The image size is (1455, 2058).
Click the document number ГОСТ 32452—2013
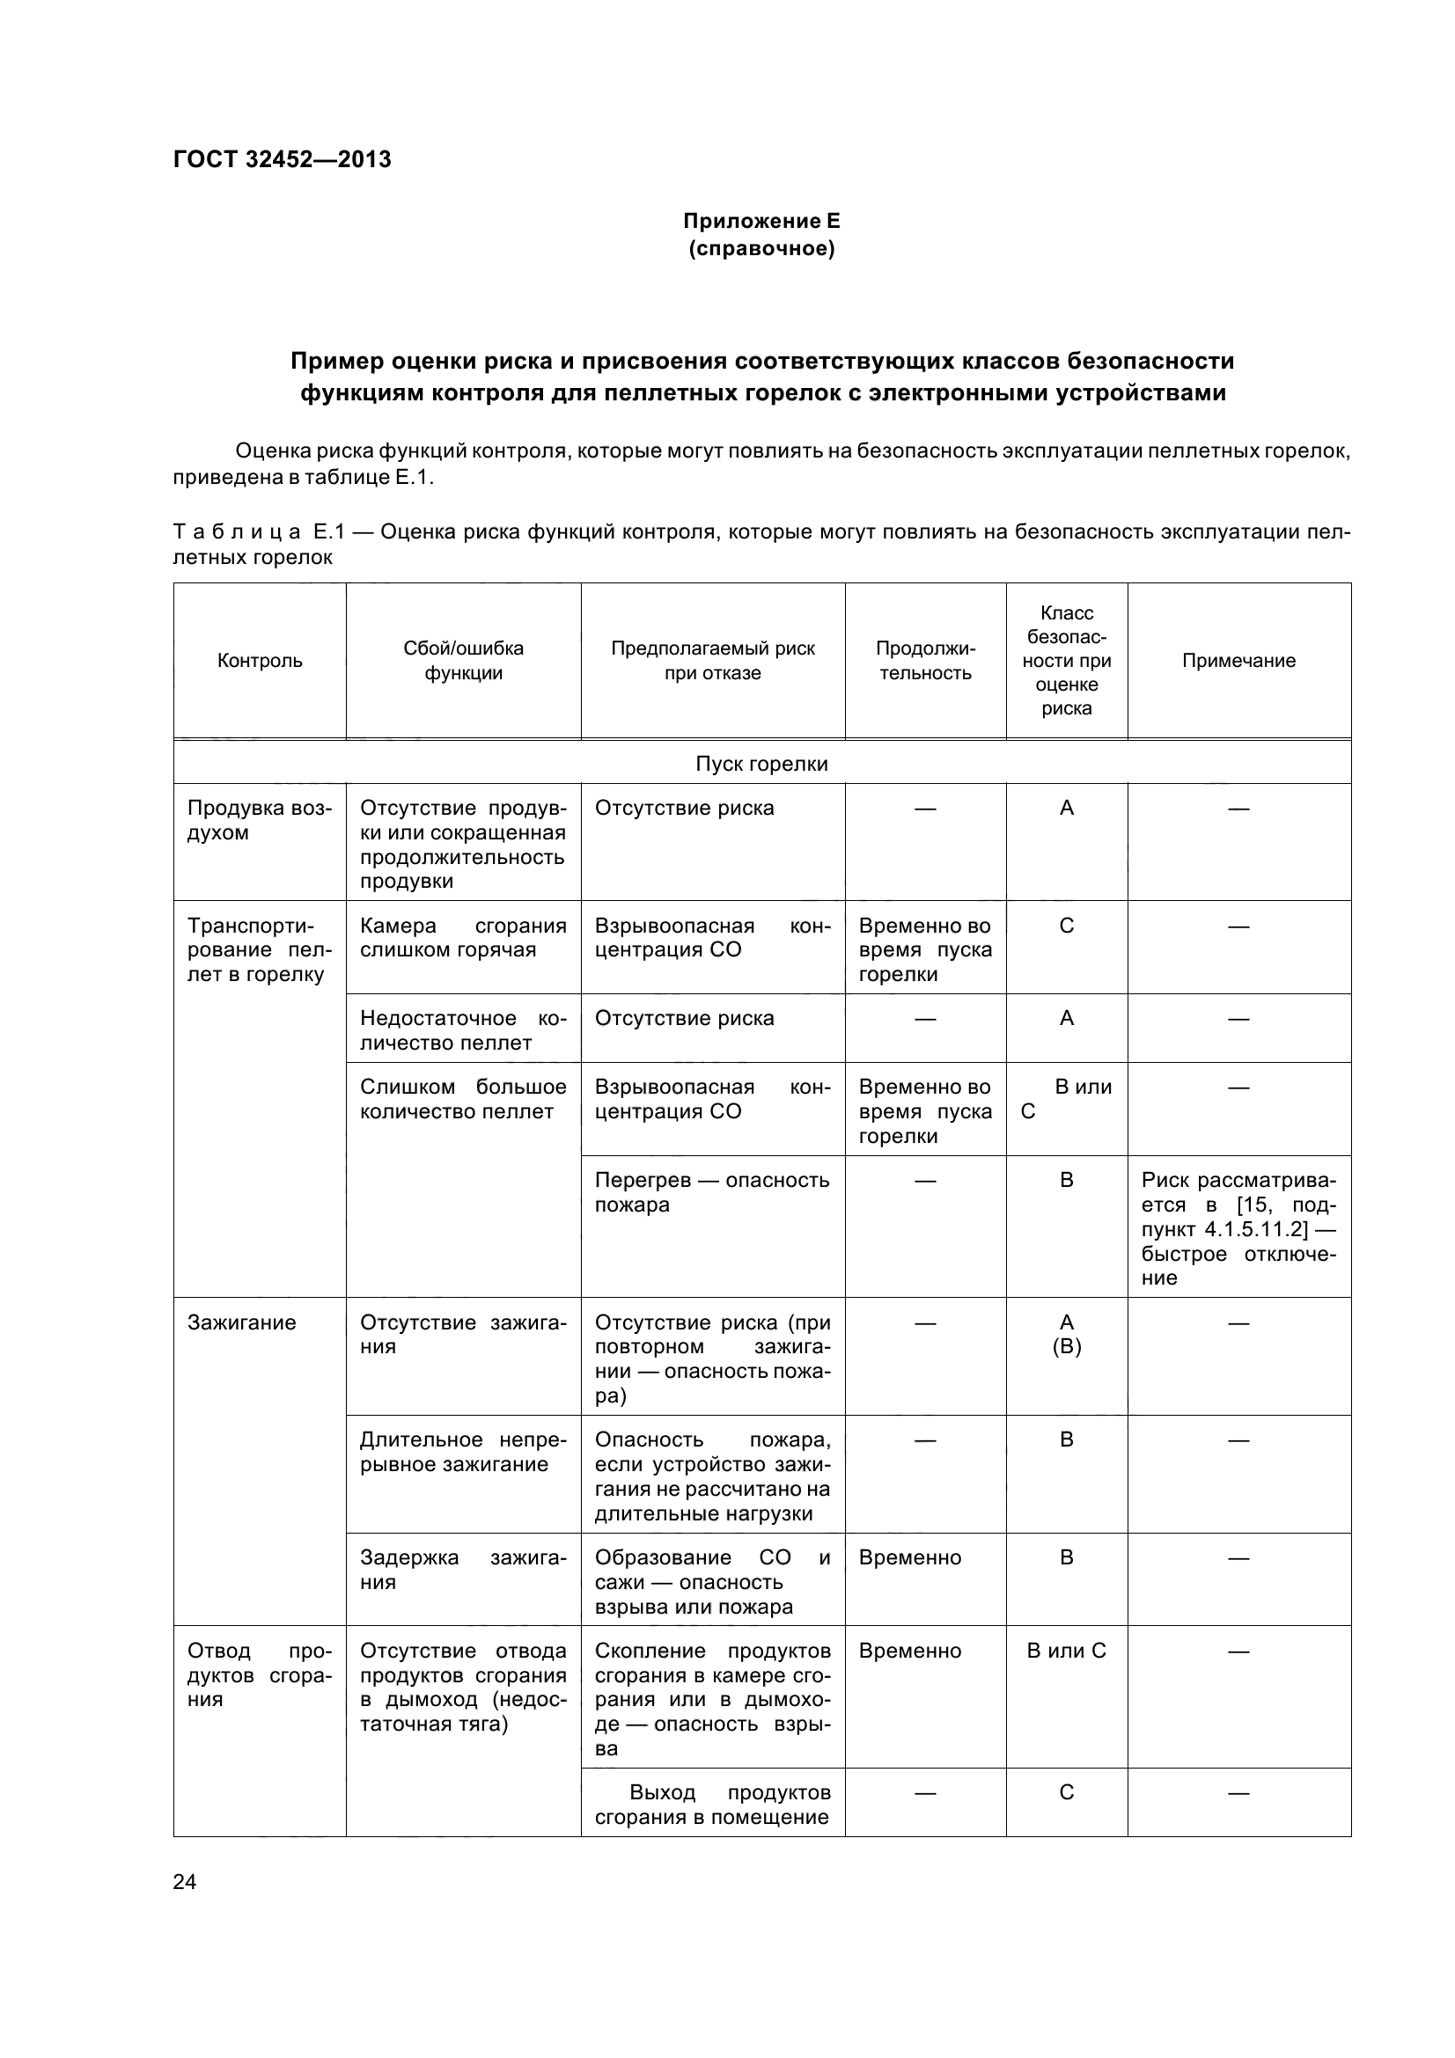(x=282, y=159)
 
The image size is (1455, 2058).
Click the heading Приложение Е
(x=761, y=221)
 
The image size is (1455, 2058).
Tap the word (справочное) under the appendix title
(x=761, y=248)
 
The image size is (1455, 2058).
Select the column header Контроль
(x=260, y=661)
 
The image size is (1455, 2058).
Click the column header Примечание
(x=1238, y=661)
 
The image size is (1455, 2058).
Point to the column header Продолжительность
(x=925, y=661)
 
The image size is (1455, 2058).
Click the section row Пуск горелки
(x=761, y=764)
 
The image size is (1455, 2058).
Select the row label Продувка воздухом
(x=259, y=820)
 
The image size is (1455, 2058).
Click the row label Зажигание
(x=241, y=1322)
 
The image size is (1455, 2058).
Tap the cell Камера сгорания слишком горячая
(x=463, y=938)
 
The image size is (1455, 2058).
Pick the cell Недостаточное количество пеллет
(x=463, y=1030)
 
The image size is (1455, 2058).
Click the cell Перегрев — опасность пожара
(x=712, y=1192)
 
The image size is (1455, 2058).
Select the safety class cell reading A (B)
(x=1066, y=1335)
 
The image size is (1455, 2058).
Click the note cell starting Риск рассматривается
(x=1238, y=1228)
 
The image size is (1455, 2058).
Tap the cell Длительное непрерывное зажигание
(x=463, y=1451)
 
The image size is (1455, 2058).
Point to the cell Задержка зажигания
(x=463, y=1570)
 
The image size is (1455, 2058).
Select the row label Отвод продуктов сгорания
(x=259, y=1675)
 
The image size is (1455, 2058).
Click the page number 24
(x=185, y=1881)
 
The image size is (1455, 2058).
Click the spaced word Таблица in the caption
(x=237, y=532)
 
